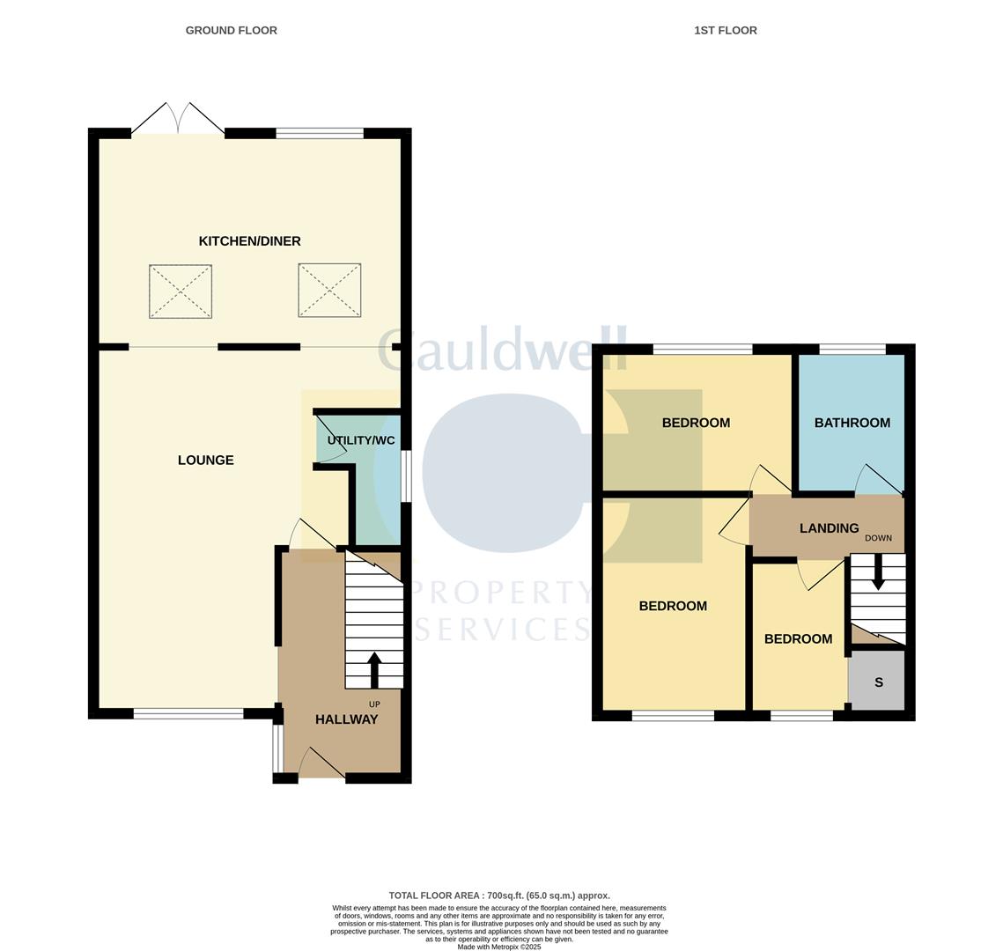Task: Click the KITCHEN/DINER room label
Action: point(249,241)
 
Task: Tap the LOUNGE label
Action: point(205,460)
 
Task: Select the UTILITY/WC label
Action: point(361,440)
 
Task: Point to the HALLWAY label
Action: point(346,719)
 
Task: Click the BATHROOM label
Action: point(852,423)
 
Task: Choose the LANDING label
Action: point(829,528)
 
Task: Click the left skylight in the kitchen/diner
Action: point(181,291)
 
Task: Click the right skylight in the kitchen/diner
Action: point(329,291)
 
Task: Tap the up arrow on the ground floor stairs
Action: point(374,669)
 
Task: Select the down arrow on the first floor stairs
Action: point(878,572)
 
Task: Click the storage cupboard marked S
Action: point(877,682)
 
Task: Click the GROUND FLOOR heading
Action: point(231,30)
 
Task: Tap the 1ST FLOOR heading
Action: point(725,30)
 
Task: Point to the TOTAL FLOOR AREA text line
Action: point(499,896)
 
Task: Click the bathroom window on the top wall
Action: point(852,350)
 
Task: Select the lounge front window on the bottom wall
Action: point(188,713)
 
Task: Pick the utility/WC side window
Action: point(406,476)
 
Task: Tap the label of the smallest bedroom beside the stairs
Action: point(798,639)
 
